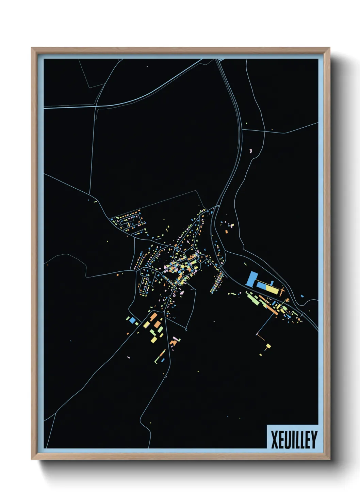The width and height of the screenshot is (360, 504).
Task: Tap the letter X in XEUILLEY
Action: [274, 440]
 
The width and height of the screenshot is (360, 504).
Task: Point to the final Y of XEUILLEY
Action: [314, 440]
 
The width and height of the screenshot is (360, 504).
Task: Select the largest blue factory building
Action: [251, 279]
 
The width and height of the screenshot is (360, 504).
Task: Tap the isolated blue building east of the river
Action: [302, 296]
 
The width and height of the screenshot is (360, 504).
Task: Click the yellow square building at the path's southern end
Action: [268, 346]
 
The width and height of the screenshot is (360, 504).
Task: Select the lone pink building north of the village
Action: [251, 150]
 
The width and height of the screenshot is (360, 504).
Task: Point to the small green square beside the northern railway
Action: [246, 123]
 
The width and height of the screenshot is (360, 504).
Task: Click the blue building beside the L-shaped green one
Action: [163, 360]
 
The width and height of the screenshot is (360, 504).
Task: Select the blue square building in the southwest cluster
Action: [132, 320]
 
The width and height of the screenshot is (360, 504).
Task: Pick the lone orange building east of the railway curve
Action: [226, 232]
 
